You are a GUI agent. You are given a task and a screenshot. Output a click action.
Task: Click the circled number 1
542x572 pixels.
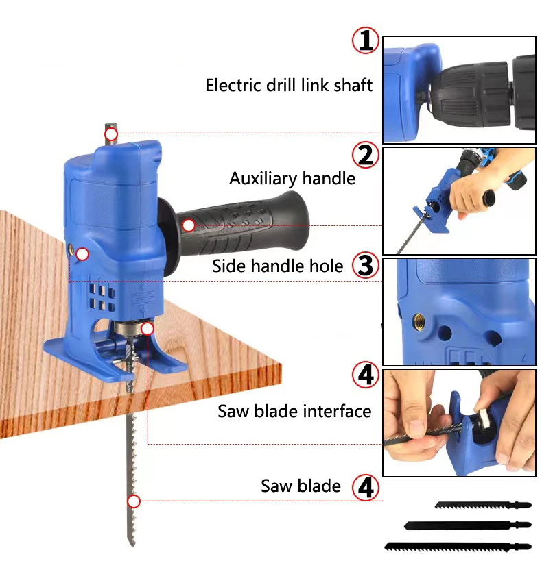[x=366, y=41]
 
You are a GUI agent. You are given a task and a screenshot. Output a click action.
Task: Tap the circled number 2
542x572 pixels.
[x=366, y=156]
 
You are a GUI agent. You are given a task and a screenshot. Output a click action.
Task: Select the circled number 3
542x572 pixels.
[x=366, y=266]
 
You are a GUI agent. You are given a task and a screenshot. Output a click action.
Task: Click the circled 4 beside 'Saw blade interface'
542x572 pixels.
[x=366, y=375]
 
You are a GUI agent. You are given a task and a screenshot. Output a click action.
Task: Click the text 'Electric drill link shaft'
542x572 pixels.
[x=289, y=86]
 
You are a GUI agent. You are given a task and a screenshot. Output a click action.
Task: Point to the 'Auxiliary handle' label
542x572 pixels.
[x=292, y=179]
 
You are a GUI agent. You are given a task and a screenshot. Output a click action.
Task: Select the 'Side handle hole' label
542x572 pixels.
[x=277, y=266]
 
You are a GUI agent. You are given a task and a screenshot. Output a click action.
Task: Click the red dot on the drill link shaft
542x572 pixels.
[x=112, y=134]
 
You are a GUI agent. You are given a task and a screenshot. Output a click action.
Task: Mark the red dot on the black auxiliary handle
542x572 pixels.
[x=189, y=225]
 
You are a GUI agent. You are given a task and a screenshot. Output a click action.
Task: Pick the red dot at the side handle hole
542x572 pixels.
[x=82, y=255]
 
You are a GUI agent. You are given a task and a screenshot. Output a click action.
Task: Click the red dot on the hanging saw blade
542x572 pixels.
[x=134, y=501]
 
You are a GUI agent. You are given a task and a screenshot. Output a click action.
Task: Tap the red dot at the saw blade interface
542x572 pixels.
[x=148, y=329]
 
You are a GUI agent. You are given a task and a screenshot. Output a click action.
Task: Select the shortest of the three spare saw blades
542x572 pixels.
[x=482, y=506]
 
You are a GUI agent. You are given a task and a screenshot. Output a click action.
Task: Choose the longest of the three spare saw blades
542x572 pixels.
[x=458, y=547]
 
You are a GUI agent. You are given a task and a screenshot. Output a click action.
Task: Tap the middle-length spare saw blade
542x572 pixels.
[x=467, y=525]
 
